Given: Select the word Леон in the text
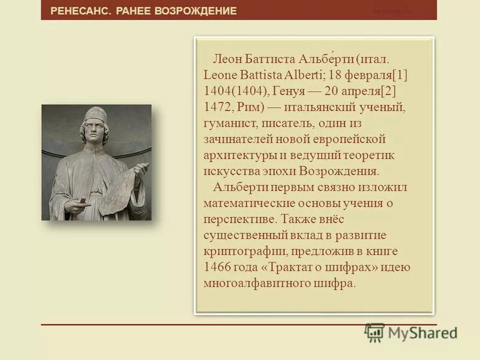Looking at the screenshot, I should [x=227, y=61].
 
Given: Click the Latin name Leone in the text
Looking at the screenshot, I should [x=221, y=76].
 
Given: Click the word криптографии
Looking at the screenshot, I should [x=238, y=251].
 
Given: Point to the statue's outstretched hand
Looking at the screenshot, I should [x=76, y=205].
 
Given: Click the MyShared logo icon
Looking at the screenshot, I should [x=374, y=332].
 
